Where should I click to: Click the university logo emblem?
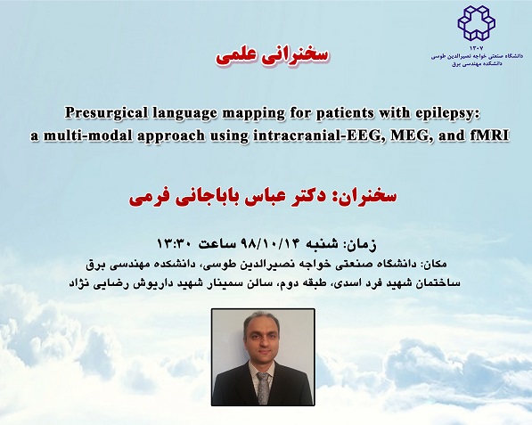[x=476, y=23]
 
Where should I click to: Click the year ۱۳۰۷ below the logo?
[x=476, y=48]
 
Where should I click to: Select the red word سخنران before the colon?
[x=364, y=197]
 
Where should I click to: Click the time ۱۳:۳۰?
[x=174, y=244]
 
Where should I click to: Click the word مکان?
[x=437, y=264]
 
